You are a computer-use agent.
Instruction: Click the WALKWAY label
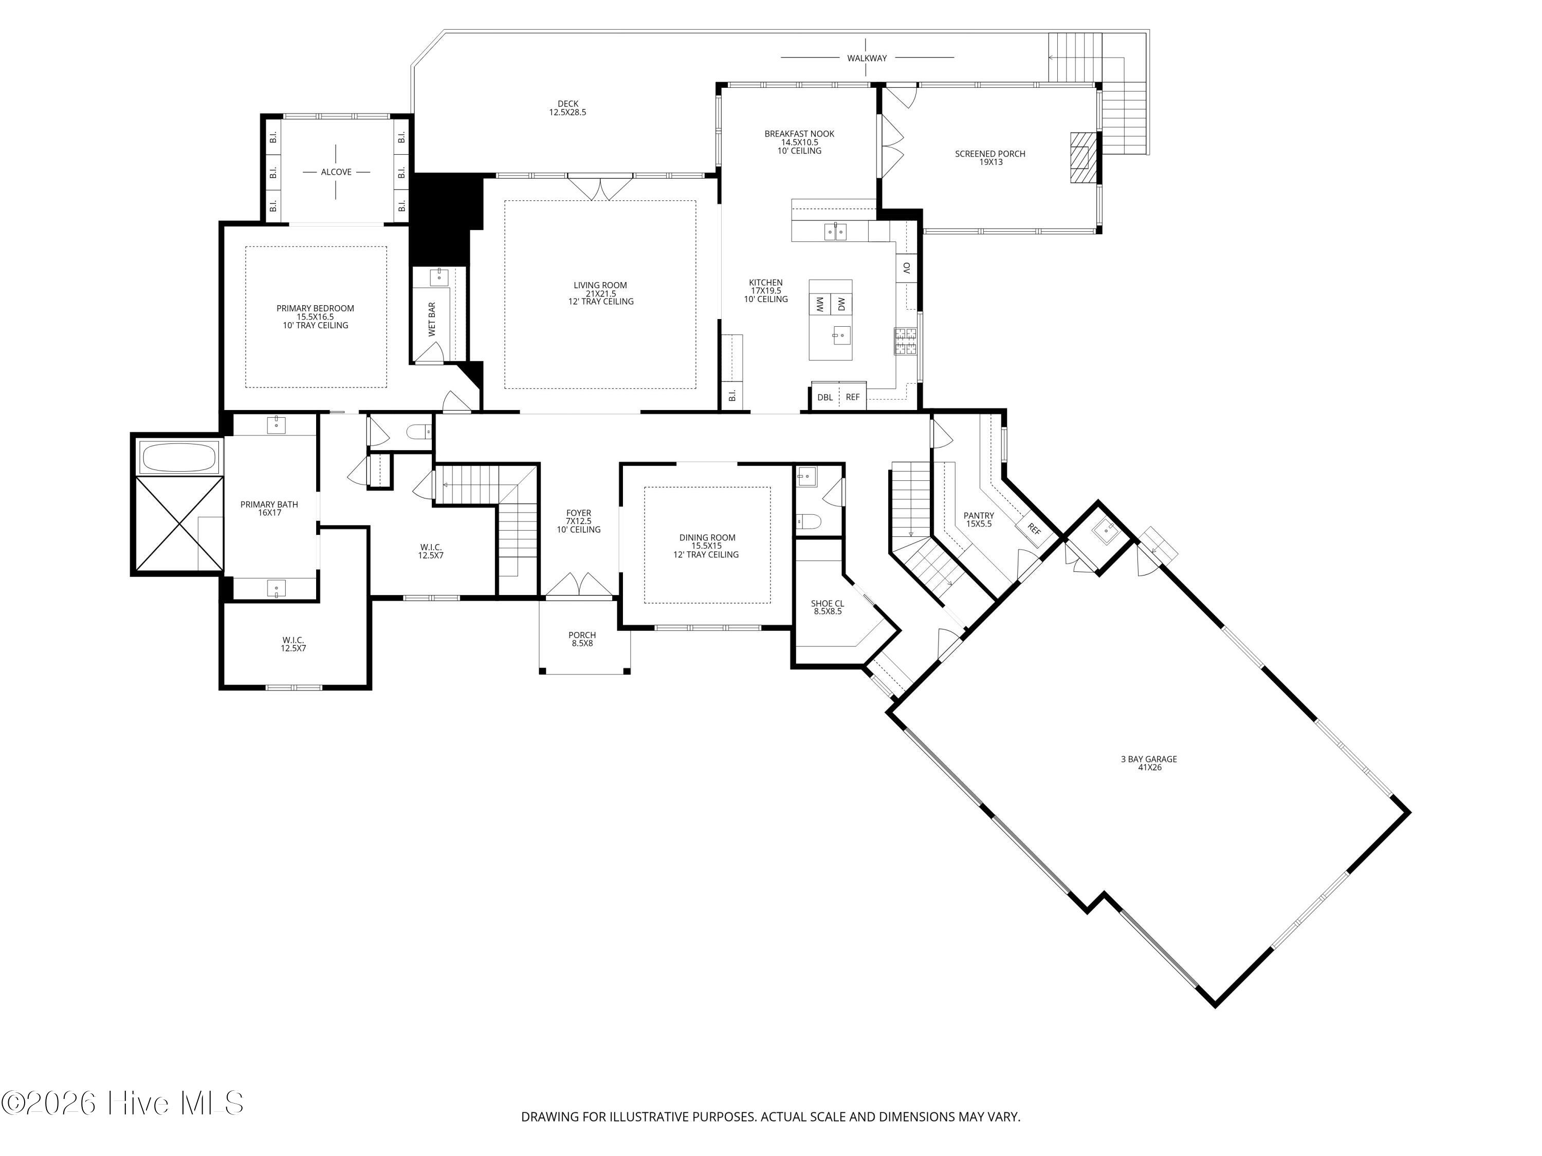point(867,58)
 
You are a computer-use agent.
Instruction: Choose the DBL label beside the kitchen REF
point(824,397)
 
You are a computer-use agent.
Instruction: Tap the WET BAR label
point(432,319)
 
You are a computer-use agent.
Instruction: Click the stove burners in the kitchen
point(904,341)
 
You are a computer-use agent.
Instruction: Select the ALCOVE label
point(336,172)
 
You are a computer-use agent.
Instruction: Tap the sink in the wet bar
point(439,276)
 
